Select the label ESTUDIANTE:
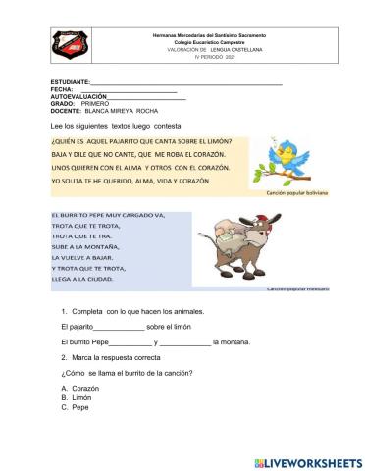coord(70,83)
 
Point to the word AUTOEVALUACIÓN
coord(78,96)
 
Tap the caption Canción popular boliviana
coord(295,193)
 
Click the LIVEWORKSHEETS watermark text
coord(306,460)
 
